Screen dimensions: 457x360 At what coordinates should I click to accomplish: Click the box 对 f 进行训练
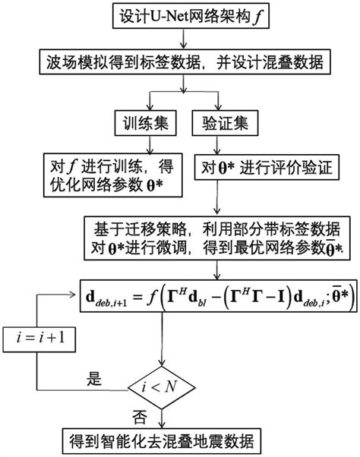[x=109, y=175]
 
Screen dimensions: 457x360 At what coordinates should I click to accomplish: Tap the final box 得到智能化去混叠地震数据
[x=162, y=438]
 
